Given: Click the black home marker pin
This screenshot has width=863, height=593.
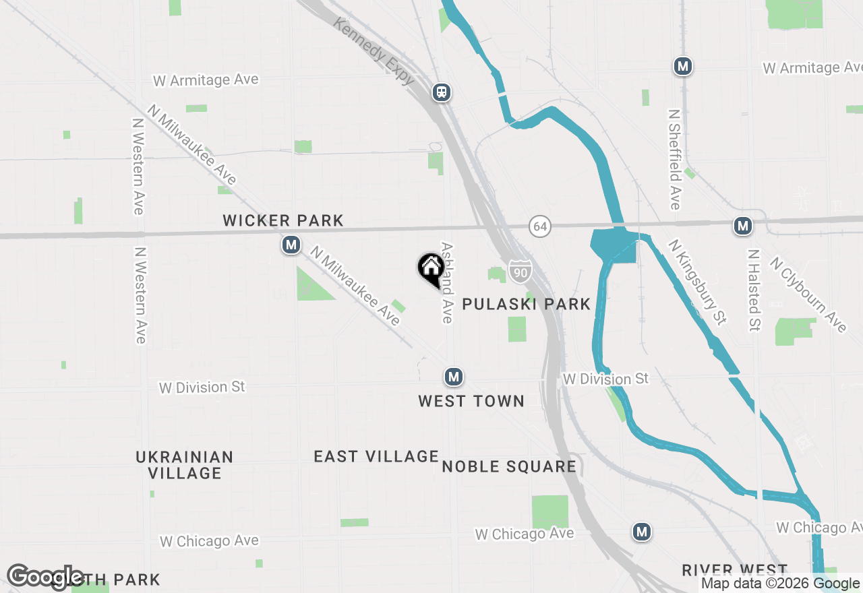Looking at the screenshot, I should tap(431, 269).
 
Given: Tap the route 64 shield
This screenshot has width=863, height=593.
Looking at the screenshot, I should tap(539, 226).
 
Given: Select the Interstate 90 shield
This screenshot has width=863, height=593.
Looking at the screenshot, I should tap(519, 271).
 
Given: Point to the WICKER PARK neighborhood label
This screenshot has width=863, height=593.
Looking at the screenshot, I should tap(283, 220).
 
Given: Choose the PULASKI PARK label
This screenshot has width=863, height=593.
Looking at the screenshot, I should tap(526, 304).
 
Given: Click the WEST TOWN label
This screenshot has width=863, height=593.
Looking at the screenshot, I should tap(471, 401).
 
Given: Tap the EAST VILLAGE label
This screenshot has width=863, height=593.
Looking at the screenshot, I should tap(376, 456).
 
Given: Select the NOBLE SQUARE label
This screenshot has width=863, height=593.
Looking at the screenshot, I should tap(509, 466).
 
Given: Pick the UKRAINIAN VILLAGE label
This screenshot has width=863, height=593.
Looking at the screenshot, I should tap(185, 464).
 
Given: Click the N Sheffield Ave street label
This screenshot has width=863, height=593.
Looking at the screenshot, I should tap(675, 159).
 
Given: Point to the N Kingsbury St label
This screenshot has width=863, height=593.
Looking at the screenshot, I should tap(698, 283).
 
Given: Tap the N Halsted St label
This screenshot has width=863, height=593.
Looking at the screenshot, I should tap(754, 290).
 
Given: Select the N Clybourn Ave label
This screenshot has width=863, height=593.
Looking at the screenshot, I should tap(808, 294).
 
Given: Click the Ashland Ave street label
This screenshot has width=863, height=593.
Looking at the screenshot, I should tap(446, 282).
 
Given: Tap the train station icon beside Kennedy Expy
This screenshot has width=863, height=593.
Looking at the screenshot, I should tap(442, 92).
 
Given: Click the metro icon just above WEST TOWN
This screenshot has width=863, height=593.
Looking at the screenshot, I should tap(454, 377).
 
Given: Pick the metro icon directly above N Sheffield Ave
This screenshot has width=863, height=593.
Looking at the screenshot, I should tap(683, 66).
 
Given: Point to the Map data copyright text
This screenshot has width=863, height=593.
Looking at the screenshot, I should tap(780, 584).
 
